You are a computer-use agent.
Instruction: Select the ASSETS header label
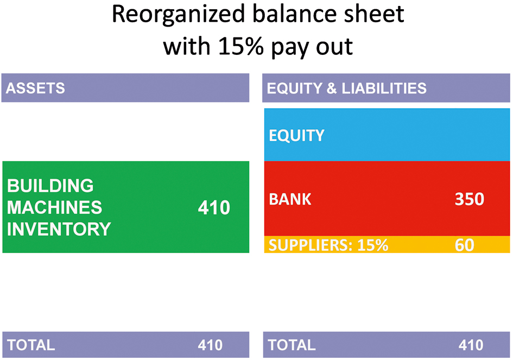coord(35,89)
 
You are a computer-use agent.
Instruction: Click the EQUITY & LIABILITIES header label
coord(347,89)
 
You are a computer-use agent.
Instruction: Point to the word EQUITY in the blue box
coord(297,136)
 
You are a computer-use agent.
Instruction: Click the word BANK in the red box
coord(290,199)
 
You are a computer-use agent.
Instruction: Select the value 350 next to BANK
coord(470,199)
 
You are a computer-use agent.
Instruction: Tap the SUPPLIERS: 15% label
coord(328,245)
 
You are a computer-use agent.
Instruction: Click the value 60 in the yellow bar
coord(465,245)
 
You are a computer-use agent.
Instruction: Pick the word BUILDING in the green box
coord(50,186)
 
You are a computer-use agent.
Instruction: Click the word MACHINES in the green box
coord(55,207)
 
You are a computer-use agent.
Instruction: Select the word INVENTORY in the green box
coord(59,229)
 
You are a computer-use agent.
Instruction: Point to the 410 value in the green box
coord(214,207)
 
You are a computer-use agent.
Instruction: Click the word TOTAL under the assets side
coord(31,345)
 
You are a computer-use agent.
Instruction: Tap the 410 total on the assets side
coord(210,345)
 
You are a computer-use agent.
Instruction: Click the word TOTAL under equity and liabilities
coord(292,345)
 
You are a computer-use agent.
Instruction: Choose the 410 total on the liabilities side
coord(471,345)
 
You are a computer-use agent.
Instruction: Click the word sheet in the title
coord(372,14)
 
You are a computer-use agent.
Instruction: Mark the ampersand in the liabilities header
coord(332,89)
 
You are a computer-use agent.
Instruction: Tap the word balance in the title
coord(293,14)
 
